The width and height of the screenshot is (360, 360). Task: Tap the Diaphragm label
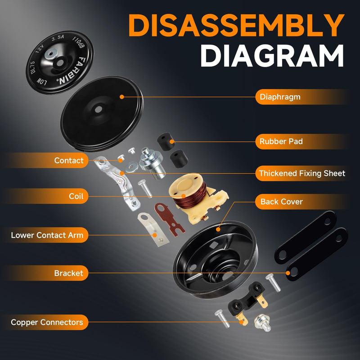click(280, 96)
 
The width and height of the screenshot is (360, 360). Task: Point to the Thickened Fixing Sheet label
click(302, 173)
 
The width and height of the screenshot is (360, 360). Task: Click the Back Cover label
click(281, 202)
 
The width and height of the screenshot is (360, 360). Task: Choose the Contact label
click(69, 160)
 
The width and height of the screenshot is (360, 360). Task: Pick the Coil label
click(76, 196)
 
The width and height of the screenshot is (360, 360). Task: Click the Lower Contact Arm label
click(47, 235)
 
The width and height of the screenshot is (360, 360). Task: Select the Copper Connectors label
click(47, 322)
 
